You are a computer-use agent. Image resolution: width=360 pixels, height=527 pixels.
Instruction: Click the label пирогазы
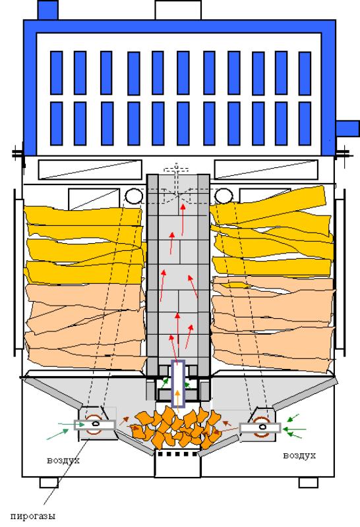click(x=32, y=516)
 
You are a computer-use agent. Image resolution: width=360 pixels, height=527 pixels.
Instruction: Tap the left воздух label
click(x=63, y=460)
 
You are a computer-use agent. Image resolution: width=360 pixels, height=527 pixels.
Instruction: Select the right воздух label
click(x=299, y=455)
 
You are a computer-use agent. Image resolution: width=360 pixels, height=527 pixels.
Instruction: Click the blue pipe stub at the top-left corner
click(x=47, y=10)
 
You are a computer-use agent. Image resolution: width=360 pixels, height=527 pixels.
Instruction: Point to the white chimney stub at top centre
click(x=178, y=10)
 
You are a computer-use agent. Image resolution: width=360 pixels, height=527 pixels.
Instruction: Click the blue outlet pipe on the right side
click(x=347, y=128)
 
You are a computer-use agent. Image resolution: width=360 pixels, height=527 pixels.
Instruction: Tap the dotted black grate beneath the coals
click(x=177, y=454)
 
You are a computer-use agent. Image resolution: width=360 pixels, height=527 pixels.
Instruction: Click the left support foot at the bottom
click(x=49, y=483)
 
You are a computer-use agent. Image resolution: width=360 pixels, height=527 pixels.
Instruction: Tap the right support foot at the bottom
click(x=309, y=483)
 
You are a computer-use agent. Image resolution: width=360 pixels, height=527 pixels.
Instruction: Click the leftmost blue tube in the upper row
click(x=56, y=72)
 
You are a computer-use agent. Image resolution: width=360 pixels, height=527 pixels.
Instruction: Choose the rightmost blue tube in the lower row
click(x=305, y=124)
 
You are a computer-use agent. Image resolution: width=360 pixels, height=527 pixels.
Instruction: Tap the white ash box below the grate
click(x=177, y=467)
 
